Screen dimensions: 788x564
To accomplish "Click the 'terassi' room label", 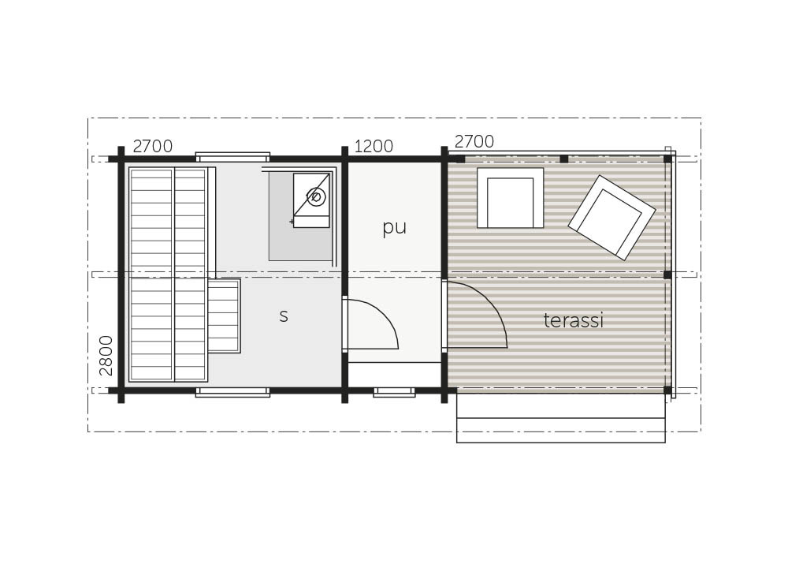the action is [573, 320].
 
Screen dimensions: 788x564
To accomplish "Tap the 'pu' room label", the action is [394, 227].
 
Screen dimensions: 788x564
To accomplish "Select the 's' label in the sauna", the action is [284, 316].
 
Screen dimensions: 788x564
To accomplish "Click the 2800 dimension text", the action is [106, 356].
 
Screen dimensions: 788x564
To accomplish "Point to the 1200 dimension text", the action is [374, 146].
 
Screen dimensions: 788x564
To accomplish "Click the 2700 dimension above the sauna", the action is [153, 147].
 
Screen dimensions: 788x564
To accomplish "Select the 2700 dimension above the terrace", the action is [474, 141].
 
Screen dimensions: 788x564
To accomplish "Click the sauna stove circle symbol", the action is [317, 196].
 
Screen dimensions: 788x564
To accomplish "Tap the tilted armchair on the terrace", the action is [611, 218].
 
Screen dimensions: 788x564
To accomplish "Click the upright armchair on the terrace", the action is [510, 198].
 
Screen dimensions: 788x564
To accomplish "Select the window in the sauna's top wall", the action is [232, 157].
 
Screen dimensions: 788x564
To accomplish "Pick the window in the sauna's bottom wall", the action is [232, 392].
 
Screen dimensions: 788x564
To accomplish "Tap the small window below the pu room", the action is [395, 392].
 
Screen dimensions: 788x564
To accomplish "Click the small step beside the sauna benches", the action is [224, 316].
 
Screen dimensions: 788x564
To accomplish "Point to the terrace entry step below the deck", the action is [561, 417].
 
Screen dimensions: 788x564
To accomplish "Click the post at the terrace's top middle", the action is [564, 159].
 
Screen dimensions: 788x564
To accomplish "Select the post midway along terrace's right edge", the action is [667, 275].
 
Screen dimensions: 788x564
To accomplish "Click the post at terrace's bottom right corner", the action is [667, 390].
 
